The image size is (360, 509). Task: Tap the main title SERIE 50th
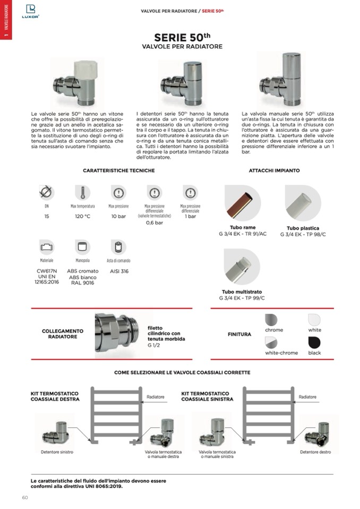182,37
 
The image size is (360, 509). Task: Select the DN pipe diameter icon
46,192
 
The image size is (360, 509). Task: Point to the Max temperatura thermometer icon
82,192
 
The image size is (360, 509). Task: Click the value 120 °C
82,217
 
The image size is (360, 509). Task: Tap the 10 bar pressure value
118,217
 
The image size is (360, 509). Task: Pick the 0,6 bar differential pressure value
154,223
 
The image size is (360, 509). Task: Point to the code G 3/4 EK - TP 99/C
242,298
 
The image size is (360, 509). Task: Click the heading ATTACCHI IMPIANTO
274,170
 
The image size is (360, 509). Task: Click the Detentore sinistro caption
57,452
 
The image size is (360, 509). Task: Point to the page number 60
25,497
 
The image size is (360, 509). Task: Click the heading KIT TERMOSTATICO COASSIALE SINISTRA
208,396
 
